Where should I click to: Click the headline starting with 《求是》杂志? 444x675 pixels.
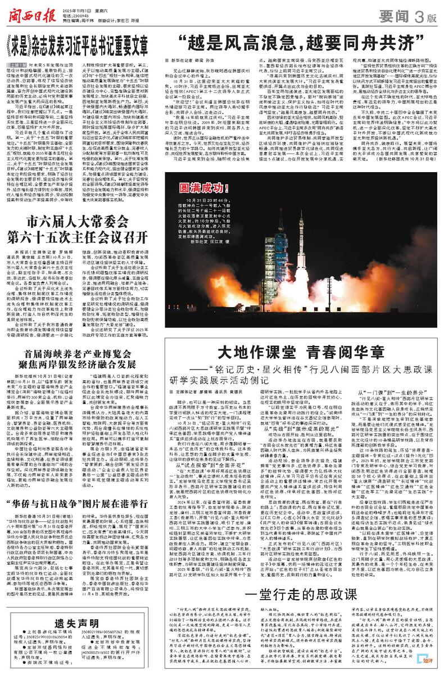click(85, 43)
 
